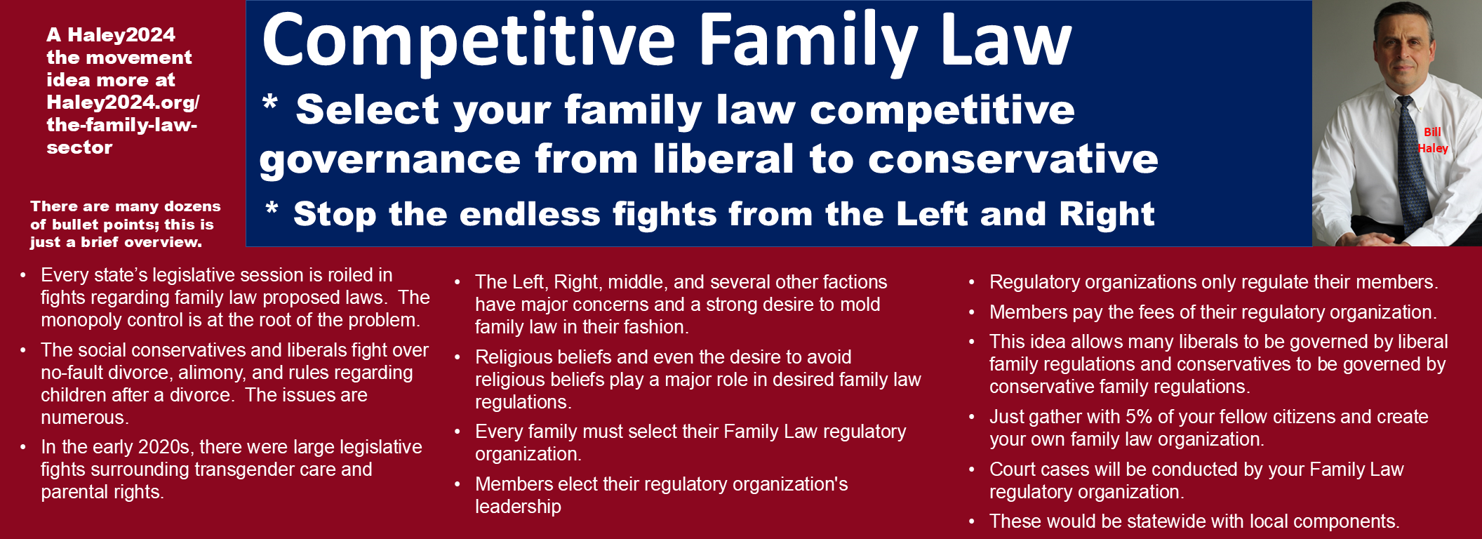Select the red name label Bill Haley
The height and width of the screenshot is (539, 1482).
pos(1432,140)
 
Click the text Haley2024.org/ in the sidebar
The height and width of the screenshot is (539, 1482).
pos(123,102)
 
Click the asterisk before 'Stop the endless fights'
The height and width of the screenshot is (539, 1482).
pos(272,208)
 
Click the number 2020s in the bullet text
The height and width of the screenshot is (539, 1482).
pos(164,447)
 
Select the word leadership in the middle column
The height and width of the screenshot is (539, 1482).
pos(518,507)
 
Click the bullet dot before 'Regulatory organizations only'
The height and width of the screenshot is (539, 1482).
pos(972,282)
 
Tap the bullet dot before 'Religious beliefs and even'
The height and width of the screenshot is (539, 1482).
pos(458,357)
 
